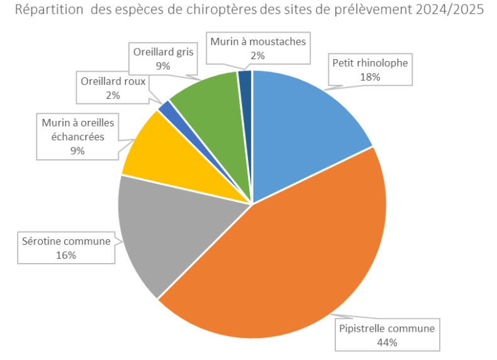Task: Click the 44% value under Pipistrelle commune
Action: pyautogui.click(x=387, y=342)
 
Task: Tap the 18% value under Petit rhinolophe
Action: pyautogui.click(x=370, y=77)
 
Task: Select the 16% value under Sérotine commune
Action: pyautogui.click(x=65, y=255)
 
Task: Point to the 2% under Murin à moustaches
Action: pyautogui.click(x=258, y=55)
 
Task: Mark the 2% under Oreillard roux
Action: pyautogui.click(x=113, y=95)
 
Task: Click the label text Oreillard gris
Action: pyautogui.click(x=162, y=52)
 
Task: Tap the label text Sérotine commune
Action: pyautogui.click(x=66, y=242)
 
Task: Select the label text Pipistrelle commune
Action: pyautogui.click(x=387, y=329)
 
